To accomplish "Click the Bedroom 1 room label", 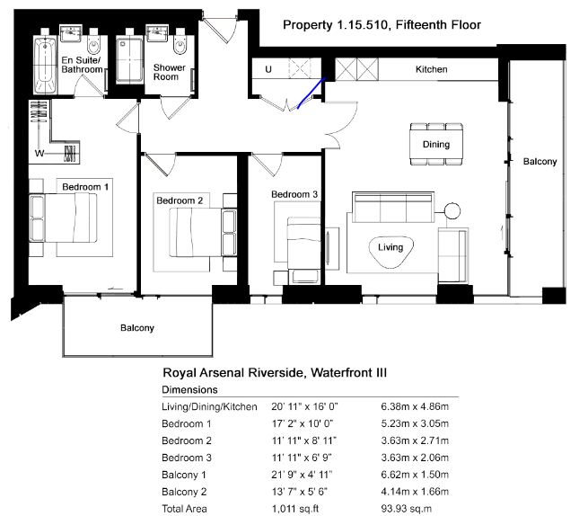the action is click(85, 187).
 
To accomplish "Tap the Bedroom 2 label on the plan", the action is click(180, 200).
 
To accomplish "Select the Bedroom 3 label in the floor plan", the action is click(294, 194).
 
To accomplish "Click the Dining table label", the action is click(436, 144).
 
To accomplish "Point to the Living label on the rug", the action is click(391, 247).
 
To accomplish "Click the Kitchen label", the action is click(431, 69).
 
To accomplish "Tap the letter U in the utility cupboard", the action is click(268, 69).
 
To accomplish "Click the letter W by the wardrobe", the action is click(39, 153).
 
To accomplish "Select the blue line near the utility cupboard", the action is click(312, 93).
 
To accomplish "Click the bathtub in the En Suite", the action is click(45, 65).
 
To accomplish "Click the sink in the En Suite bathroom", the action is click(71, 33).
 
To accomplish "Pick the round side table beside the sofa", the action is click(452, 211).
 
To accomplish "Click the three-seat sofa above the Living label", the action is click(393, 208).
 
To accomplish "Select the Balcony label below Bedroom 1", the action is click(137, 328).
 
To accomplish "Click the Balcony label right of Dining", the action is click(540, 162).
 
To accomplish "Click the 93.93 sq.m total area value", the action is click(406, 509).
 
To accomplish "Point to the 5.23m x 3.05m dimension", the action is click(415, 423).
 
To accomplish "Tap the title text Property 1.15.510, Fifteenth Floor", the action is click(382, 25).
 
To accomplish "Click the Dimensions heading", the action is click(189, 389).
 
